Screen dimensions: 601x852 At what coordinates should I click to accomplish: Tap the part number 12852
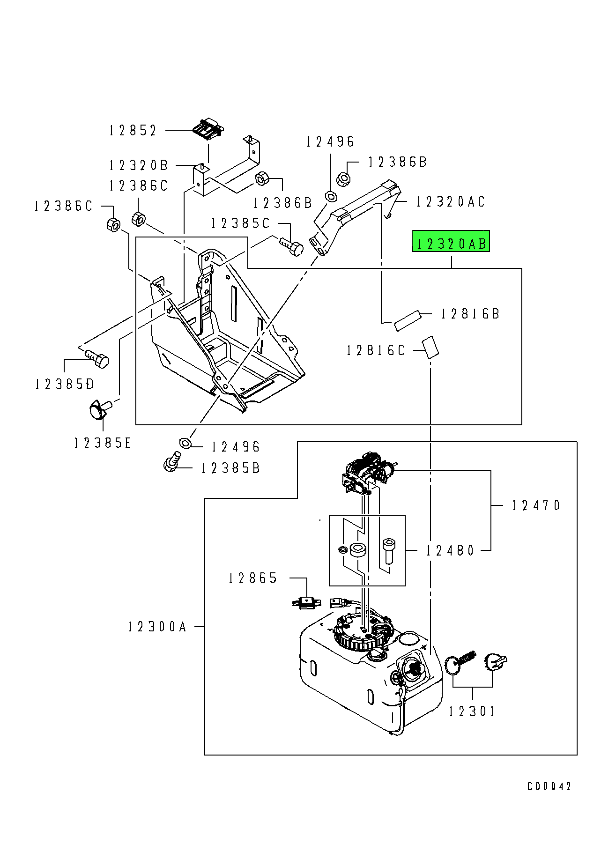[133, 130]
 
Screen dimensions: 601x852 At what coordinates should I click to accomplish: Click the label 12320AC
[451, 202]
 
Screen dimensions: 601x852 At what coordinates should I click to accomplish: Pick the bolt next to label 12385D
[97, 358]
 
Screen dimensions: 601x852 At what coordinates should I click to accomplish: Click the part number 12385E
[102, 443]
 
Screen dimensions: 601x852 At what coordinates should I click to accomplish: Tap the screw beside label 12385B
[171, 460]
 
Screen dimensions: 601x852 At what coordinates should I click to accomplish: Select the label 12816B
[470, 314]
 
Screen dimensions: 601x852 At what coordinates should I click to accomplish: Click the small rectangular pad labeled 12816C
[431, 347]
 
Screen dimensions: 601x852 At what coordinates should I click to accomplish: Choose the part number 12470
[536, 505]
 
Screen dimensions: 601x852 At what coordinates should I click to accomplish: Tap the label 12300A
[157, 627]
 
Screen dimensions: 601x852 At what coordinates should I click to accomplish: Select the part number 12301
[472, 711]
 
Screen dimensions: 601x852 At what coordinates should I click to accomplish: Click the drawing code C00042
[549, 786]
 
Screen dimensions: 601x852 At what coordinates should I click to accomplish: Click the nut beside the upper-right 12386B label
[343, 178]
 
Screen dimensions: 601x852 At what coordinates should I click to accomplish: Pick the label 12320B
[139, 165]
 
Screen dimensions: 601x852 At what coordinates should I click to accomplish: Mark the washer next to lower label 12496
[185, 442]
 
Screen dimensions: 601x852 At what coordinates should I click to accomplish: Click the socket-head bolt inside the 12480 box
[388, 551]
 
